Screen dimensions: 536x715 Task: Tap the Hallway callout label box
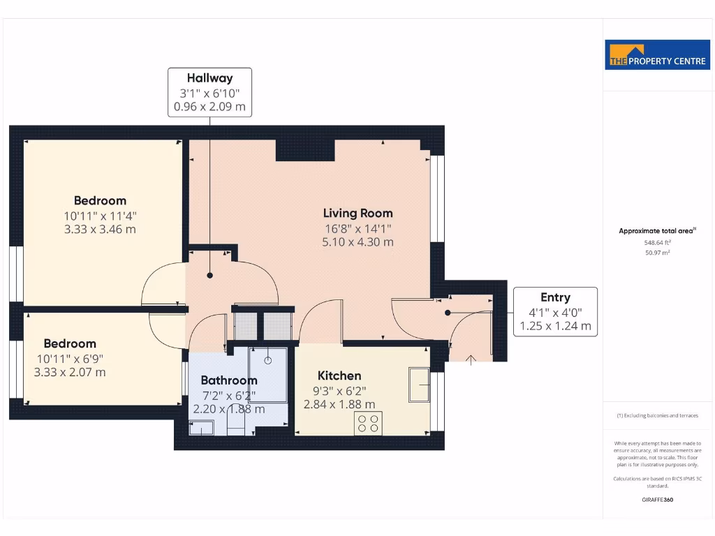[x=209, y=92]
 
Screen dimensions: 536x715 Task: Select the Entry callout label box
[x=555, y=311]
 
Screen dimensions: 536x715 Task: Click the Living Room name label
[x=357, y=214]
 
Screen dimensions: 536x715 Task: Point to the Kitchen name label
[x=339, y=375]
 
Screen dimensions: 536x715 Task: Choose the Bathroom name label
[x=229, y=380]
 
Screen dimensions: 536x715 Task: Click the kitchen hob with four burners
[x=368, y=423]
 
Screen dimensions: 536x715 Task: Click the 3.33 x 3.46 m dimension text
[x=101, y=229]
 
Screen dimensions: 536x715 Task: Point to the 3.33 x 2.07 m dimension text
[x=70, y=372]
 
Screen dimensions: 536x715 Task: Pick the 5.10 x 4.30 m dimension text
[x=357, y=242]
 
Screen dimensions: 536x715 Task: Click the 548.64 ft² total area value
[x=656, y=243]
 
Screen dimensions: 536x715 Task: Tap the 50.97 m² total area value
[x=656, y=253]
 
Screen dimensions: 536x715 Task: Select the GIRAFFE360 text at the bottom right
[x=657, y=500]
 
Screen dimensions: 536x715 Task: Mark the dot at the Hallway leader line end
[x=209, y=276]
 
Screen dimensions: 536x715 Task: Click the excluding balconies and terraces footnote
[x=657, y=415]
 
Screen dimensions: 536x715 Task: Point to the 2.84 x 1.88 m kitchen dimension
[x=339, y=404]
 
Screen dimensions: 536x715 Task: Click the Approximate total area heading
[x=657, y=231]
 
